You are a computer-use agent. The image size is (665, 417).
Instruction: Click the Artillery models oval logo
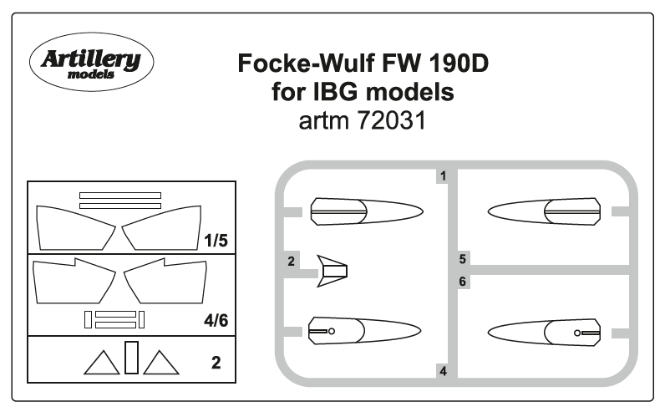tap(91, 64)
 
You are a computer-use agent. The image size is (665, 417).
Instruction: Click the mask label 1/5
tap(215, 241)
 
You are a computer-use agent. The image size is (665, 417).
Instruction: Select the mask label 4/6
tap(215, 320)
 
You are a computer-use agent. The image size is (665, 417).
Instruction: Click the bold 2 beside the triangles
tap(216, 364)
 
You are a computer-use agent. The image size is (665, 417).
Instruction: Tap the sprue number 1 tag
tap(443, 176)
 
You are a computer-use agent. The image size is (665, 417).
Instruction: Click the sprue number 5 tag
tap(462, 257)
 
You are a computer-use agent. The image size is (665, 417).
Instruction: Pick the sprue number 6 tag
tap(462, 282)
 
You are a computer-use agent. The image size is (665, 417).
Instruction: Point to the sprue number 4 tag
tap(443, 370)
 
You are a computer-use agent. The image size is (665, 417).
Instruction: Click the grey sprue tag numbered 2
tap(291, 262)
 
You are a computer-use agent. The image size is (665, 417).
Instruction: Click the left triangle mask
tap(102, 364)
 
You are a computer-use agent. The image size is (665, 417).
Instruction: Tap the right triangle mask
tap(160, 364)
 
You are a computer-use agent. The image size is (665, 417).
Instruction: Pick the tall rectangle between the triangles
tap(131, 357)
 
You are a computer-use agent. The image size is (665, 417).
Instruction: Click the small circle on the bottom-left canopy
tap(331, 331)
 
